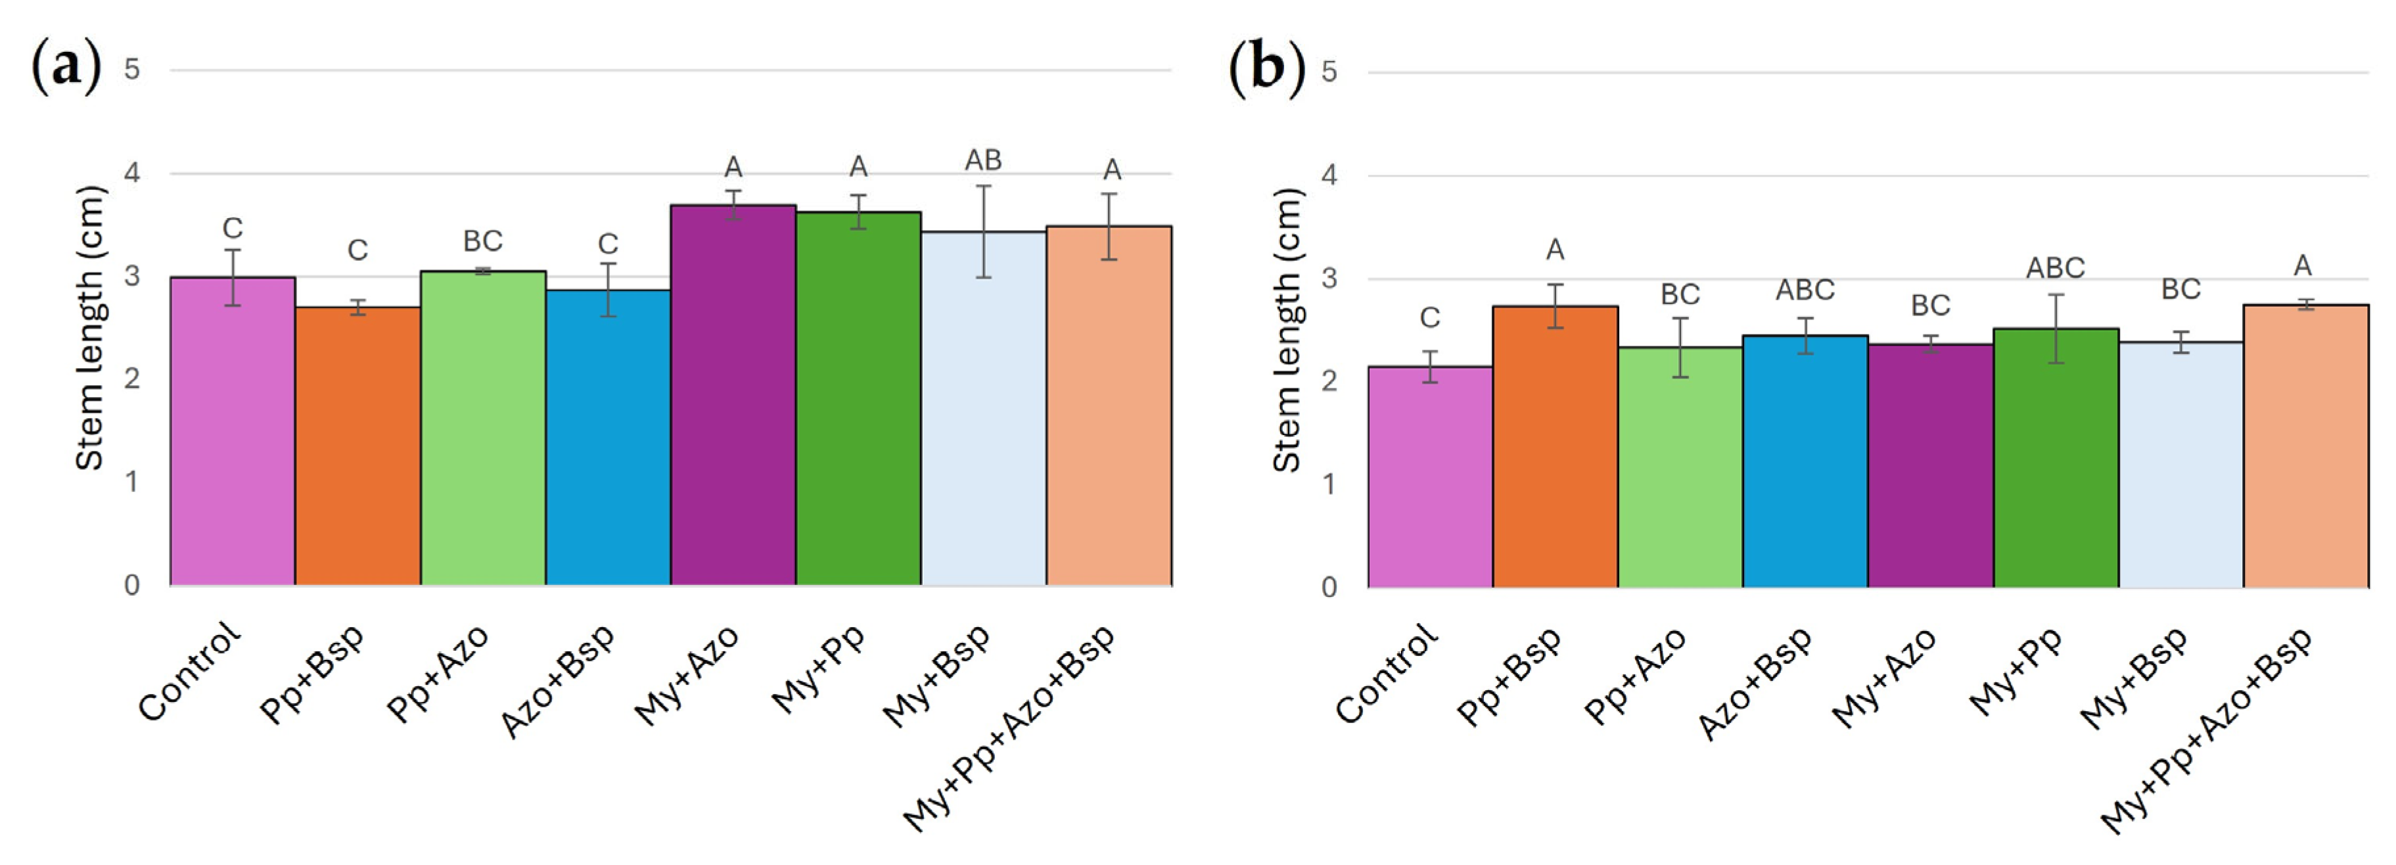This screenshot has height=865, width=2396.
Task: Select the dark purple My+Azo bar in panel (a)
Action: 733,395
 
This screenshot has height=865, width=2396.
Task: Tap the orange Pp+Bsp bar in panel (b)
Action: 1555,446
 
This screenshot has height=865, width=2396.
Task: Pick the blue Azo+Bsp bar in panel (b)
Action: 1805,461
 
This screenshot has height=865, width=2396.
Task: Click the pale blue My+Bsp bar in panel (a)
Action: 983,408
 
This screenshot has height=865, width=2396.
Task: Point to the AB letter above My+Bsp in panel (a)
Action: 983,161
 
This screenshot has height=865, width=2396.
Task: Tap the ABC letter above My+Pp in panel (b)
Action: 2056,268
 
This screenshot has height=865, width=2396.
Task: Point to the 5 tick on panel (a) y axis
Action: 132,69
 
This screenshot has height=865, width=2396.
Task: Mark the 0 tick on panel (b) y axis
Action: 1329,588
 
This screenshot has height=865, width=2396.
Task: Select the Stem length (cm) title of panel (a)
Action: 90,329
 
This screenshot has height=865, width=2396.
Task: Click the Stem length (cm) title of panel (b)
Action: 1287,330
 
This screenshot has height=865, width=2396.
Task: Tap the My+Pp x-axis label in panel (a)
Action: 819,670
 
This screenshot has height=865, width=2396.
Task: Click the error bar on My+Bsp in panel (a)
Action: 983,231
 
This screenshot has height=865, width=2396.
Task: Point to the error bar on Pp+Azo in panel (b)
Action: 1680,348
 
